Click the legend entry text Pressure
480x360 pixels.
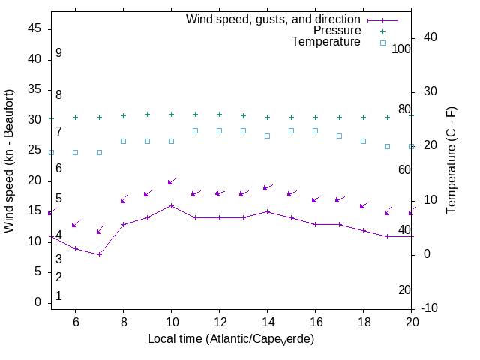(x=337, y=31)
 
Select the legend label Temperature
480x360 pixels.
(x=326, y=42)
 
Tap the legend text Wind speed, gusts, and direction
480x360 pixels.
(x=274, y=19)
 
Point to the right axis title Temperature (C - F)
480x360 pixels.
(x=451, y=160)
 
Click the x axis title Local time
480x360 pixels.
(x=230, y=339)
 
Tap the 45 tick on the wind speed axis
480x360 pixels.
(x=34, y=28)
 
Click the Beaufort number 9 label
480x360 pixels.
(x=58, y=53)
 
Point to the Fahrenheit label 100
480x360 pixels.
(x=401, y=49)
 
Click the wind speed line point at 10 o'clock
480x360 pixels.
(x=171, y=205)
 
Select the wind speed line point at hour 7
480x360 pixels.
(x=99, y=254)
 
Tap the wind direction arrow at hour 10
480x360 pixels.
(x=171, y=181)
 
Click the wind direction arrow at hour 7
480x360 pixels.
(x=99, y=230)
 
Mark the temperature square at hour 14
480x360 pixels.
(x=267, y=136)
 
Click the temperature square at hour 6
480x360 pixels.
(x=75, y=152)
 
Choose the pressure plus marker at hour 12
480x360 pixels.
(x=219, y=115)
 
